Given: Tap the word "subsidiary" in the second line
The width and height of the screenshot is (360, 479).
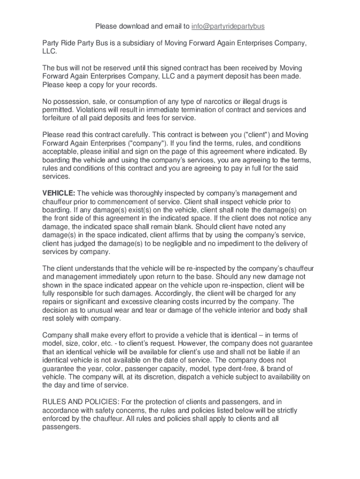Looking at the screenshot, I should tap(136, 44).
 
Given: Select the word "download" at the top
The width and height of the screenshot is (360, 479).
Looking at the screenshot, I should tap(132, 26).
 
